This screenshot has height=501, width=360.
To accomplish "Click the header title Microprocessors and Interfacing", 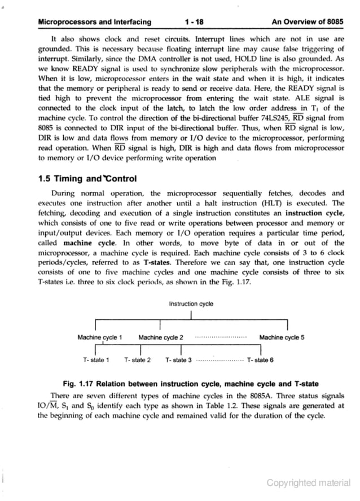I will click(x=94, y=23).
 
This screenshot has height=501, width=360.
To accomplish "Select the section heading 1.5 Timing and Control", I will click(x=87, y=179).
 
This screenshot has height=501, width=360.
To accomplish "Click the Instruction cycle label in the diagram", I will click(x=191, y=304).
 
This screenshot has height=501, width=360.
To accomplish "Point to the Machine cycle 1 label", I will click(x=100, y=338).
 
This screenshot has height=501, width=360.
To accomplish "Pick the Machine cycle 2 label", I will click(x=161, y=338).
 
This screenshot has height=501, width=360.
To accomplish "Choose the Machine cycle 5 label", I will click(x=282, y=338).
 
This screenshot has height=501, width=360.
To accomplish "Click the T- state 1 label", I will click(x=96, y=359).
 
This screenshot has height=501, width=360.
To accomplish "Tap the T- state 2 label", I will click(x=137, y=359).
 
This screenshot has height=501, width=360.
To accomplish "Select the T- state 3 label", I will click(x=179, y=359).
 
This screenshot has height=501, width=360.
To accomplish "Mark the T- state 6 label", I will click(x=261, y=359).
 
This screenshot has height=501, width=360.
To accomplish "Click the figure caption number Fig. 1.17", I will click(x=78, y=384).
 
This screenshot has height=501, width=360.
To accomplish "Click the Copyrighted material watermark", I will click(x=309, y=482).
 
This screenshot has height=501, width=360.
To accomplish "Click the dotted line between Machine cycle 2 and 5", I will click(x=221, y=338).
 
